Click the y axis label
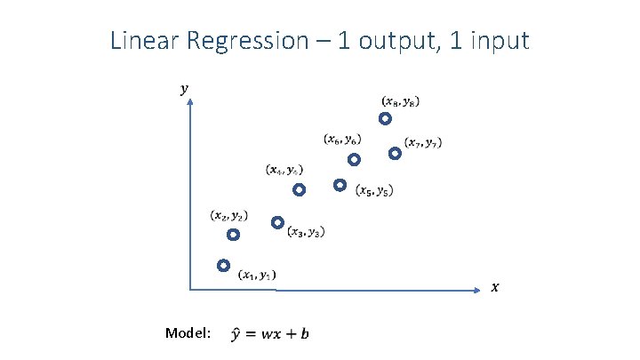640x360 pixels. click(184, 88)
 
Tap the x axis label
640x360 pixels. click(495, 286)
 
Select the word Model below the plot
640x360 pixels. click(187, 332)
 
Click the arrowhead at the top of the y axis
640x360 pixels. click(190, 104)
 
